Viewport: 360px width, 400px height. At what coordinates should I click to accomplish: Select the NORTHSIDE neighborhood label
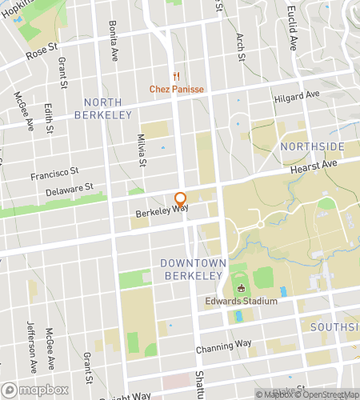pyautogui.click(x=312, y=146)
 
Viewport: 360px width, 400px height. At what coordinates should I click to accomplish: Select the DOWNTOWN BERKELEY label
pyautogui.click(x=192, y=269)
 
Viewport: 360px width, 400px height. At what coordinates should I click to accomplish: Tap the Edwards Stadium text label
pyautogui.click(x=241, y=301)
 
